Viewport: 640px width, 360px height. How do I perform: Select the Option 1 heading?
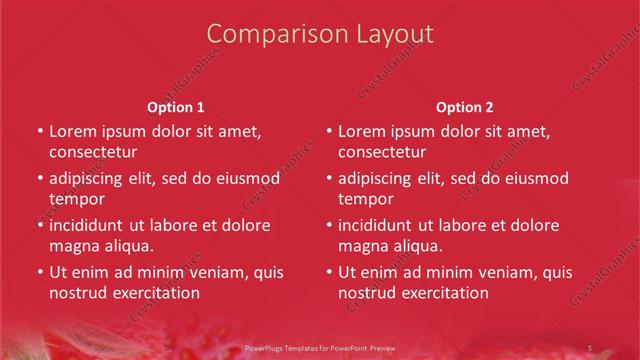[x=176, y=107]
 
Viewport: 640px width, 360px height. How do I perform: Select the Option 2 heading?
[x=465, y=107]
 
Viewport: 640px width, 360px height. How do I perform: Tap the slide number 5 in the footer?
[x=589, y=347]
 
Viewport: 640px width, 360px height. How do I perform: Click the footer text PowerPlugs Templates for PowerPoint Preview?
[x=320, y=347]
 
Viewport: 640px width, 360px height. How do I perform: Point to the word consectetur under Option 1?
[x=93, y=152]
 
